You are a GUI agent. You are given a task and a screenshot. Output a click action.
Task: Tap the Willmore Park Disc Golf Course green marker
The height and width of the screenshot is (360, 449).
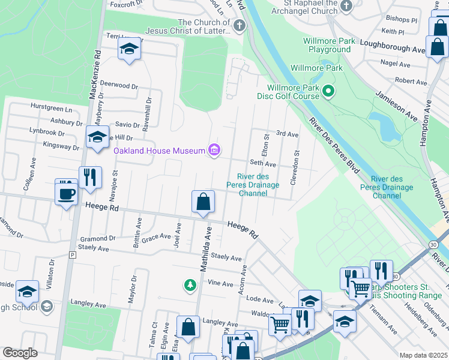(x=328, y=91)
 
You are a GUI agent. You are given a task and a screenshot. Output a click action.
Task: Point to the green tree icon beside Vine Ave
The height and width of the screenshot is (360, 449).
(x=190, y=284)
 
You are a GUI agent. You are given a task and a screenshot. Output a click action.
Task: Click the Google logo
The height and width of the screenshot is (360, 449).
(x=20, y=353)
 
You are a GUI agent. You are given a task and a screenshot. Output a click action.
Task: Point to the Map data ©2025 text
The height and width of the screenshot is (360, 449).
(x=423, y=355)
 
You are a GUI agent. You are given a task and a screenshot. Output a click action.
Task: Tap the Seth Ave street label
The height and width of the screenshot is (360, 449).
(x=262, y=164)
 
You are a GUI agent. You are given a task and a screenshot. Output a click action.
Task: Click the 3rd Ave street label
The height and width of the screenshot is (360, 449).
(x=287, y=134)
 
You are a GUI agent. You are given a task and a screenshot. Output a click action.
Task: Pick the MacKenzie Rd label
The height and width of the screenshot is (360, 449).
(x=94, y=75)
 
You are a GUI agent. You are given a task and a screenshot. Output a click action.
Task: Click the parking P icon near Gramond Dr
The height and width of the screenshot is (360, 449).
(x=73, y=255)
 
